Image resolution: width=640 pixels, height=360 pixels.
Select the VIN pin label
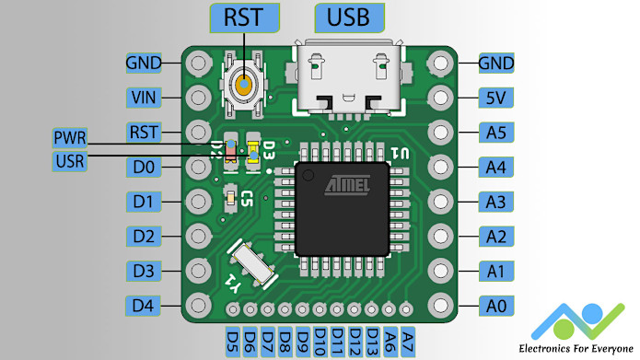pyautogui.click(x=144, y=97)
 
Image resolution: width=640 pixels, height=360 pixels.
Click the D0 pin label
pyautogui.click(x=144, y=167)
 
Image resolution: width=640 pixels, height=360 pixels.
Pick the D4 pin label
pyautogui.click(x=144, y=305)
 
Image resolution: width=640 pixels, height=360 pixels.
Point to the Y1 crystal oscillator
pyautogui.click(x=250, y=264)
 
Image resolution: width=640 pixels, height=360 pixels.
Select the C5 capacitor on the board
pyautogui.click(x=231, y=196)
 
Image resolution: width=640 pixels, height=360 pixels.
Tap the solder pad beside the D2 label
pyautogui.click(x=197, y=236)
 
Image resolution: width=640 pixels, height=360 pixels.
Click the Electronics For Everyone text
pyautogui.click(x=576, y=348)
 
